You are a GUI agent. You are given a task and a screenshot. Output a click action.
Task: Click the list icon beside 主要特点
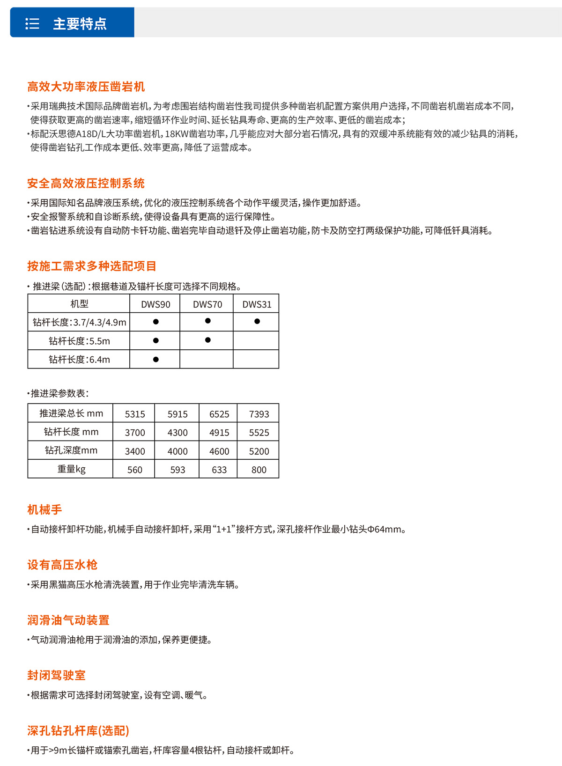tap(32, 23)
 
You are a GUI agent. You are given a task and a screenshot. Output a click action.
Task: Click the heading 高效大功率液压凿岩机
tap(86, 87)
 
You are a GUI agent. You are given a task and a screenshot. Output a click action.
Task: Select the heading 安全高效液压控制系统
tap(86, 183)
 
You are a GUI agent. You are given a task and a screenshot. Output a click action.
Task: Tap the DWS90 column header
tap(155, 304)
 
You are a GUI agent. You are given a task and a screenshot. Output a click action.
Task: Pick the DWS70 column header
tap(207, 304)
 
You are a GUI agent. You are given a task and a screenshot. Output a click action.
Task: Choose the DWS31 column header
tap(257, 304)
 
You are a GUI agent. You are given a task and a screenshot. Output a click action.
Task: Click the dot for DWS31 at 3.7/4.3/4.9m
tap(257, 321)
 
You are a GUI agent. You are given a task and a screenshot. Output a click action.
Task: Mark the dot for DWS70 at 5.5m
tap(207, 340)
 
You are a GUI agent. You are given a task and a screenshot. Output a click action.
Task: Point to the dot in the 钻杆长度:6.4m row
tap(156, 359)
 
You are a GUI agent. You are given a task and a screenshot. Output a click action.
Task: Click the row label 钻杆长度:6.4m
tap(79, 360)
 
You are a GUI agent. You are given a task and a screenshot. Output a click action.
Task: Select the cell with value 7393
tap(259, 414)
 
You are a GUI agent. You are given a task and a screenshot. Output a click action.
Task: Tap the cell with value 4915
tap(219, 433)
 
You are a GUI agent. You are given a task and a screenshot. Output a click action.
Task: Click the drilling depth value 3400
tap(135, 451)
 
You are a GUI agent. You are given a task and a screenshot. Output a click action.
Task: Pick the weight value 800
tap(259, 470)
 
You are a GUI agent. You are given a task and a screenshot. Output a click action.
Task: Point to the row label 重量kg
tap(71, 469)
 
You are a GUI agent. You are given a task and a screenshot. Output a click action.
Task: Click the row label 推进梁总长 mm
tap(71, 413)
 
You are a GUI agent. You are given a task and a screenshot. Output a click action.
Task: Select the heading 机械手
tap(44, 509)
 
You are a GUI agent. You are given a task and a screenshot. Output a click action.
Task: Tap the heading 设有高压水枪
tap(62, 565)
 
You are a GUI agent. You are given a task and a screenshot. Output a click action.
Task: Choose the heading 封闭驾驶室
tap(56, 675)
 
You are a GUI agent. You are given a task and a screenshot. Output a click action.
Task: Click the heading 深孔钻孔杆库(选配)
tap(78, 730)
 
